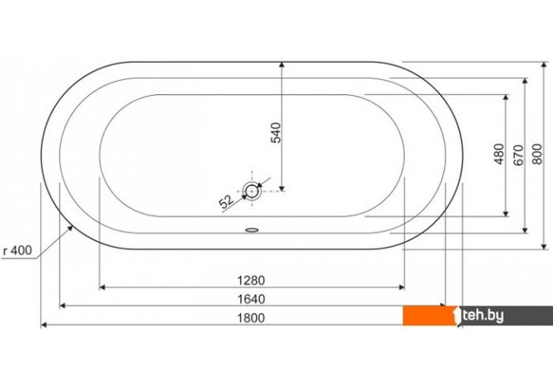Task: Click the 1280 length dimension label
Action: [251, 281]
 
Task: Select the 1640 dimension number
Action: [251, 299]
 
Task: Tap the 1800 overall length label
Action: [251, 318]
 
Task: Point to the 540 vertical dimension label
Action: [276, 132]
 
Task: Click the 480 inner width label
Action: [499, 154]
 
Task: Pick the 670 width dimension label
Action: [518, 155]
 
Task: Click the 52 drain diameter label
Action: [226, 202]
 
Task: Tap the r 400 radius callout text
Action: [17, 250]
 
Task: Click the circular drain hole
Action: [252, 191]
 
